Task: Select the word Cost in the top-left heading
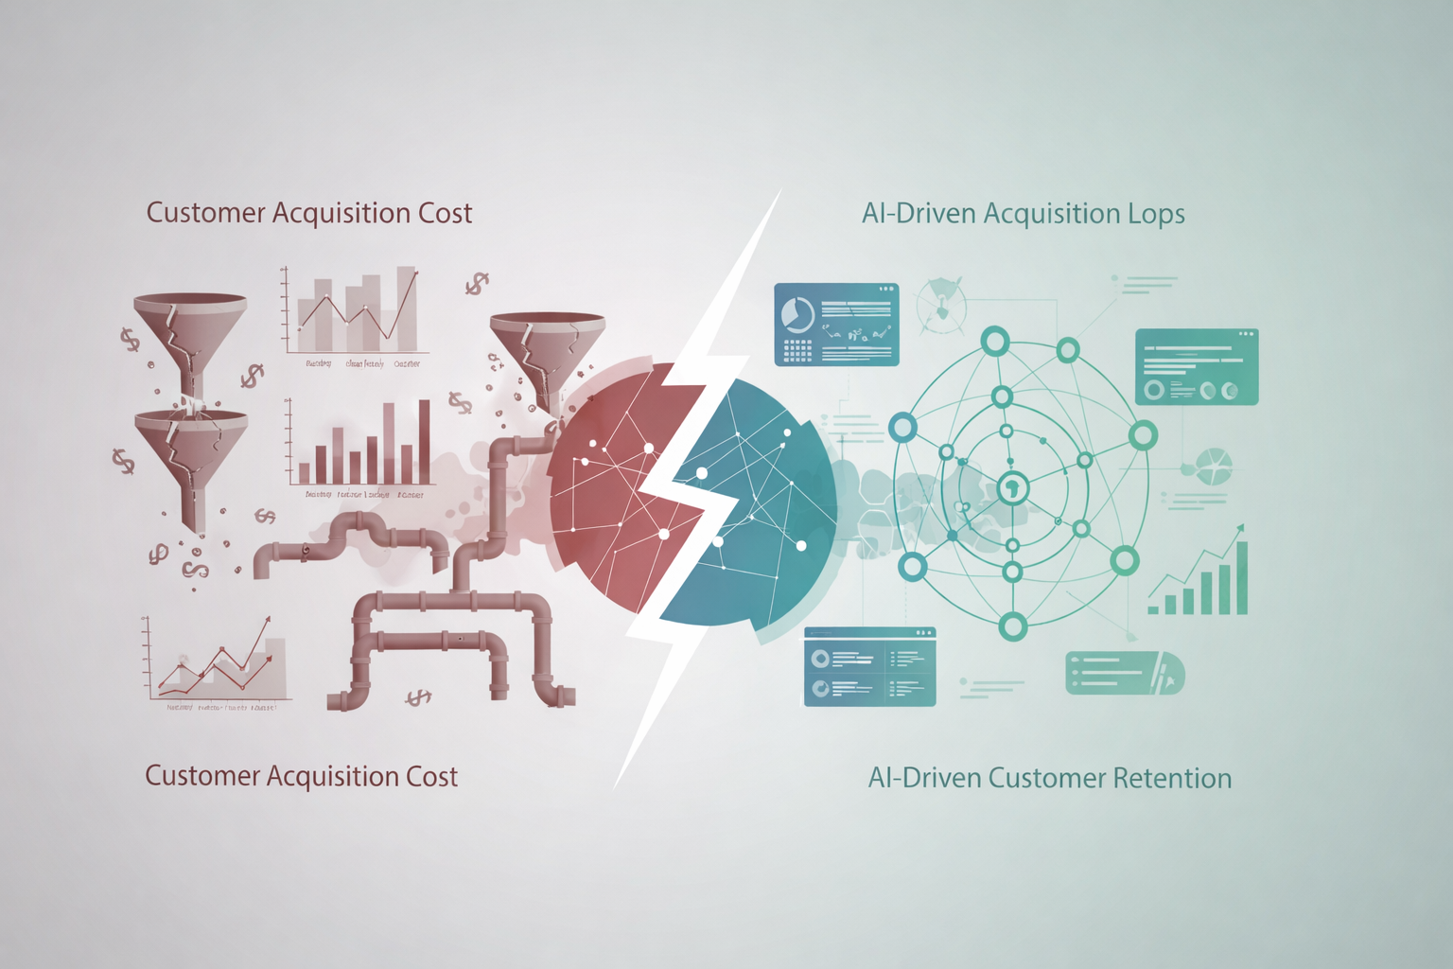(446, 213)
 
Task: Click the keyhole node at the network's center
(1012, 489)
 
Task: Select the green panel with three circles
(1196, 367)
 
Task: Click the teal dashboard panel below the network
(869, 666)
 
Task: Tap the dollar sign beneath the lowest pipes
(418, 698)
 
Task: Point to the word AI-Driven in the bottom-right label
(924, 779)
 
